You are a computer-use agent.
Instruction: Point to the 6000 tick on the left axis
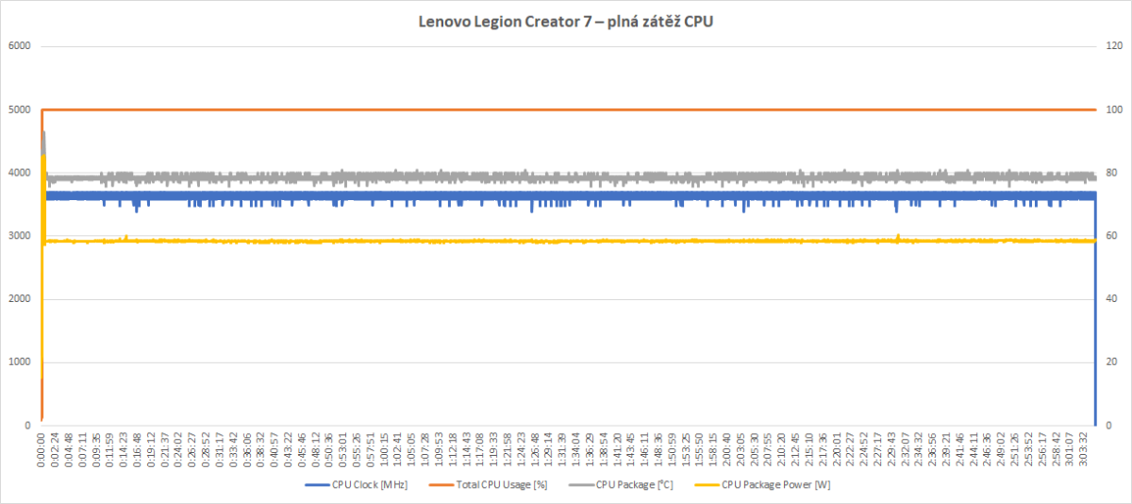[19, 46]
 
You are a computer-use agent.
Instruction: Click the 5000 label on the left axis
[19, 109]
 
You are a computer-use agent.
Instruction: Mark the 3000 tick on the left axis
[19, 236]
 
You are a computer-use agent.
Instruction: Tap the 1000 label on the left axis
[19, 362]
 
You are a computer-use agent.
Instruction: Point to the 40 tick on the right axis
[1113, 299]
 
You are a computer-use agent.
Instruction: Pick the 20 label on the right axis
[1113, 362]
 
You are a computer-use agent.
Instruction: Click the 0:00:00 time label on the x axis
[42, 452]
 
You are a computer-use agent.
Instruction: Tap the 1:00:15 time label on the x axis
[384, 452]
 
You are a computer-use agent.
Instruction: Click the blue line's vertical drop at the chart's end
[1095, 311]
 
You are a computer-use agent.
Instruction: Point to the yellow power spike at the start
[43, 170]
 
